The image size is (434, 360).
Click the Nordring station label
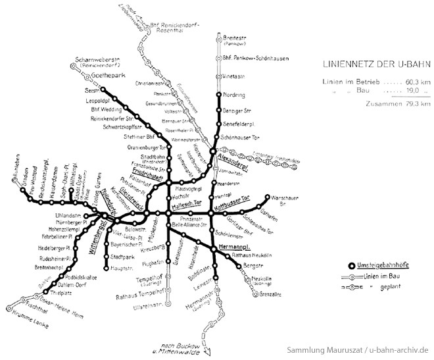click(235, 95)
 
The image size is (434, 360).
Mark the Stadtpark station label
click(123, 255)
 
